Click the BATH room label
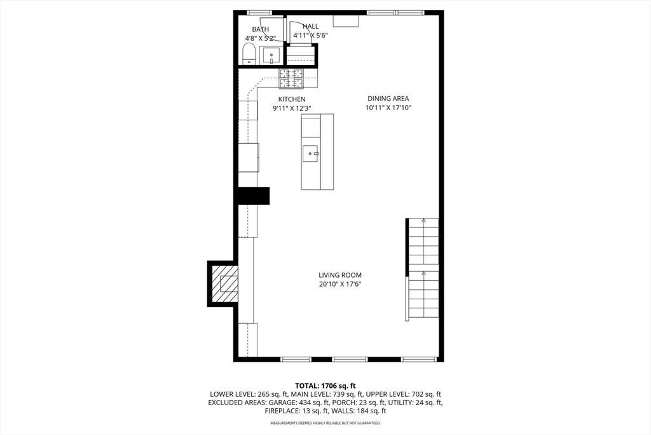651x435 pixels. pos(260,29)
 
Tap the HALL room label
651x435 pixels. pos(310,26)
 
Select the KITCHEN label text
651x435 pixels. pos(292,99)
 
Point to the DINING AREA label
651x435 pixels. pos(388,99)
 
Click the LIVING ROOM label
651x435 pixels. pos(340,275)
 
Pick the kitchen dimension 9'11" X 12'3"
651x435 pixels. pos(292,108)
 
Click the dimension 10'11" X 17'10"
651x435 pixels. pos(388,108)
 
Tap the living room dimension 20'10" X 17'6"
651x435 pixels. pos(340,285)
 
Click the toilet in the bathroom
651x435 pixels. pos(249,55)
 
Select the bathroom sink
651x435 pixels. pos(271,55)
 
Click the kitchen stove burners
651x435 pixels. pos(291,78)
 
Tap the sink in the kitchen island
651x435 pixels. pos(311,153)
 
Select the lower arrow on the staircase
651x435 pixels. pos(423,274)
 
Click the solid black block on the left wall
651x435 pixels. pos(253,196)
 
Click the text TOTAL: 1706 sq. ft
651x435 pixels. pos(325,385)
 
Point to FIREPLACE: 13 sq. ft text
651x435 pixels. pos(297,411)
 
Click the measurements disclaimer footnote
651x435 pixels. pos(325,423)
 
